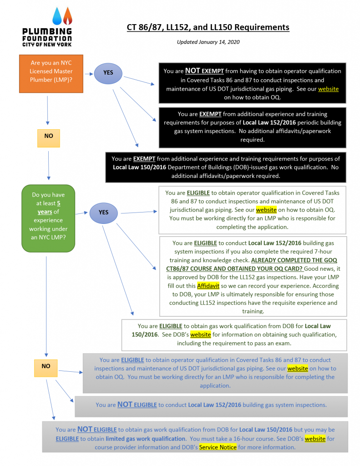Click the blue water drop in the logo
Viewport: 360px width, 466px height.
tap(57, 17)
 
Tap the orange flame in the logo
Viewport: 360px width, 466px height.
tap(67, 17)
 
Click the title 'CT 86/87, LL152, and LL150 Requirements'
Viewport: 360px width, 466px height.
tap(208, 27)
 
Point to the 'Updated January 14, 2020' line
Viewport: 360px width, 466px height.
tap(208, 42)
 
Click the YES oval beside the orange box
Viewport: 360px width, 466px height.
tap(108, 72)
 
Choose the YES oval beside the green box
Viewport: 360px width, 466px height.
tap(104, 212)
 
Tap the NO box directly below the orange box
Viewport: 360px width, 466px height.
tap(48, 136)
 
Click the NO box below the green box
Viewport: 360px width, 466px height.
tap(46, 366)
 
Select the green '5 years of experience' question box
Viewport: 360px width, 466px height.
tap(48, 217)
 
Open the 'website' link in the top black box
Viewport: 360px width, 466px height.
tap(328, 89)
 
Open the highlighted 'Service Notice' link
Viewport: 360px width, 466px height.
tap(218, 447)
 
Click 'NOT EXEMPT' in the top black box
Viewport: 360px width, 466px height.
tap(202, 71)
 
